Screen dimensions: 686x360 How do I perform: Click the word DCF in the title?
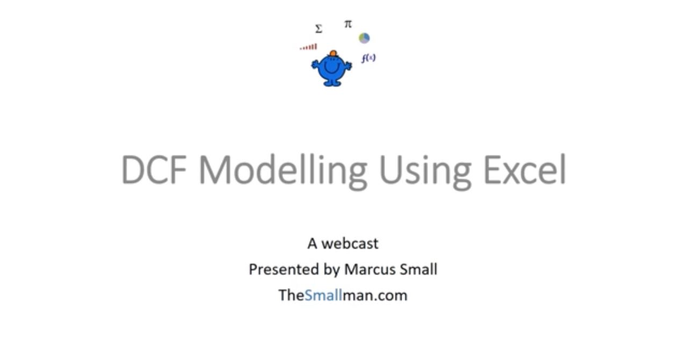154,169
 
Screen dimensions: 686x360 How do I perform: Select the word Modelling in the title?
283,172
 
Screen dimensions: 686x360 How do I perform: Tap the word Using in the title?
425,172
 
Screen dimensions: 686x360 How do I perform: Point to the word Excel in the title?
525,169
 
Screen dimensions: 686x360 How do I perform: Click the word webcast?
350,244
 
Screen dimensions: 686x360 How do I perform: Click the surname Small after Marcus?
418,270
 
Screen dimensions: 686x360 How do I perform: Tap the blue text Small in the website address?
323,296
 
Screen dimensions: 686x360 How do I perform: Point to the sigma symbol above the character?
319,29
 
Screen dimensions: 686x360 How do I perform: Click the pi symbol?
348,24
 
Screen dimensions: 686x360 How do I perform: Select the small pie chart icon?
364,38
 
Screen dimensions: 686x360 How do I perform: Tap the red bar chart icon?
308,47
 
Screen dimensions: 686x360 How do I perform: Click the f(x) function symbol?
369,58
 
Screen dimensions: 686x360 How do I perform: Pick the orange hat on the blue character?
333,54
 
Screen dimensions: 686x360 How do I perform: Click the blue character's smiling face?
331,67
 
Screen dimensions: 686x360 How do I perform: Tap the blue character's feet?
331,83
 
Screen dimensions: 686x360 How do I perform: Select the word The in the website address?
291,296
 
